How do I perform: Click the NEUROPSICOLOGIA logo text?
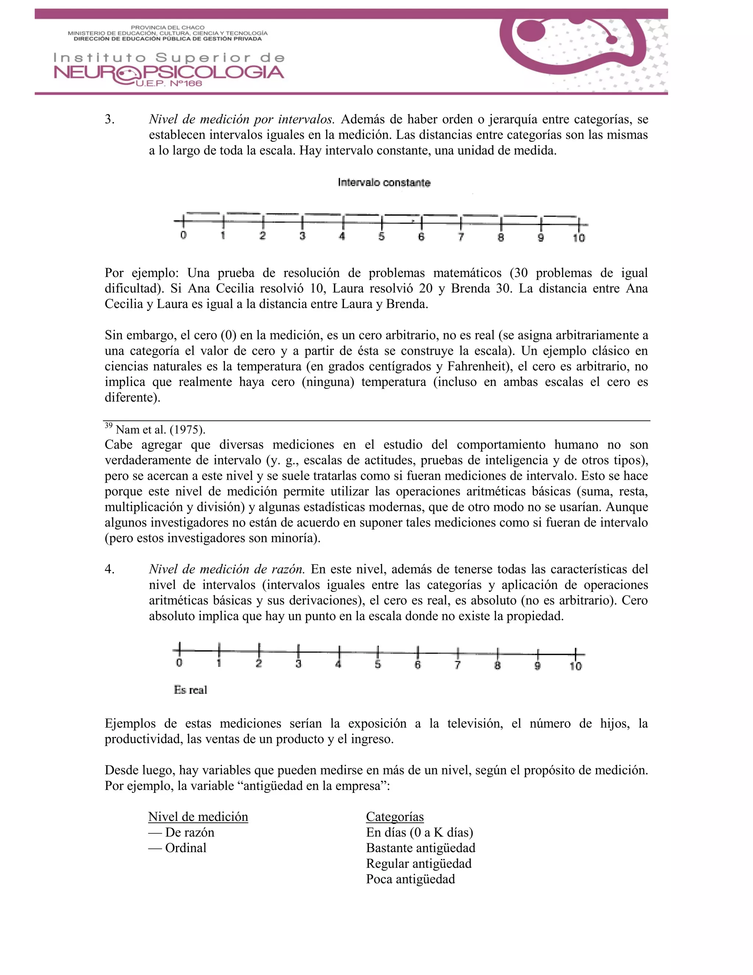[169, 73]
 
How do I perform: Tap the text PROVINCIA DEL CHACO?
[167, 28]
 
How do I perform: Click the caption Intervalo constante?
[384, 182]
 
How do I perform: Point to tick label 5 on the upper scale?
[381, 237]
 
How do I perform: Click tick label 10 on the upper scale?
[579, 238]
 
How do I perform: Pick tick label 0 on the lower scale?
[179, 663]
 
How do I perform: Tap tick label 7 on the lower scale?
[457, 665]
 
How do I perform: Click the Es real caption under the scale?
[190, 690]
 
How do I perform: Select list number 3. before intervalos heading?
[110, 120]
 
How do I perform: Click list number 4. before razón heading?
[110, 569]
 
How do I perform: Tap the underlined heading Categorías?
[395, 816]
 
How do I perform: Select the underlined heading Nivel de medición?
[198, 816]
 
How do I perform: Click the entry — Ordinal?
[178, 848]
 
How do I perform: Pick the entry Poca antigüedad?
[410, 879]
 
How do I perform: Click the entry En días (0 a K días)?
[419, 832]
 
